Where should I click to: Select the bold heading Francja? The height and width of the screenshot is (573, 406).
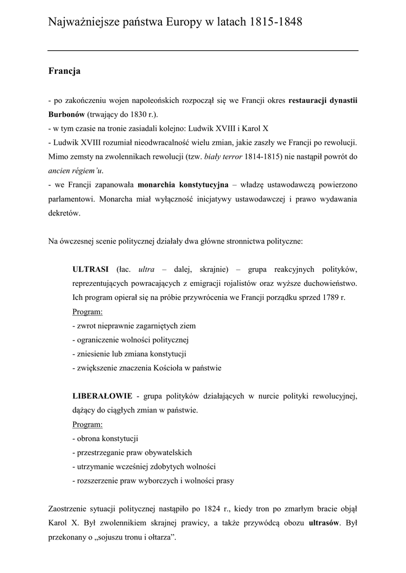[x=64, y=71]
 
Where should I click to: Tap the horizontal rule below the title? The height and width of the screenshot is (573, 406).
[x=203, y=50]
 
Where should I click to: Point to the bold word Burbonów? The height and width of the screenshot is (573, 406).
[x=67, y=114]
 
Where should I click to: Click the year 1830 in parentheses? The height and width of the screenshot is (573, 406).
[x=136, y=114]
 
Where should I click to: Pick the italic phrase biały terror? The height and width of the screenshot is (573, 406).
[x=222, y=157]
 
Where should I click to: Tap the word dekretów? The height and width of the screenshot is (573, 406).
[x=64, y=213]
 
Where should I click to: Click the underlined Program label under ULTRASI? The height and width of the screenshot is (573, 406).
[x=87, y=311]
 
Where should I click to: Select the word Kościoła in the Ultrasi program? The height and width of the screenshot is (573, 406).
[x=169, y=368]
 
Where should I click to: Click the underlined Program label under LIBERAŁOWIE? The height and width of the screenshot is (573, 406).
[x=87, y=424]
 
